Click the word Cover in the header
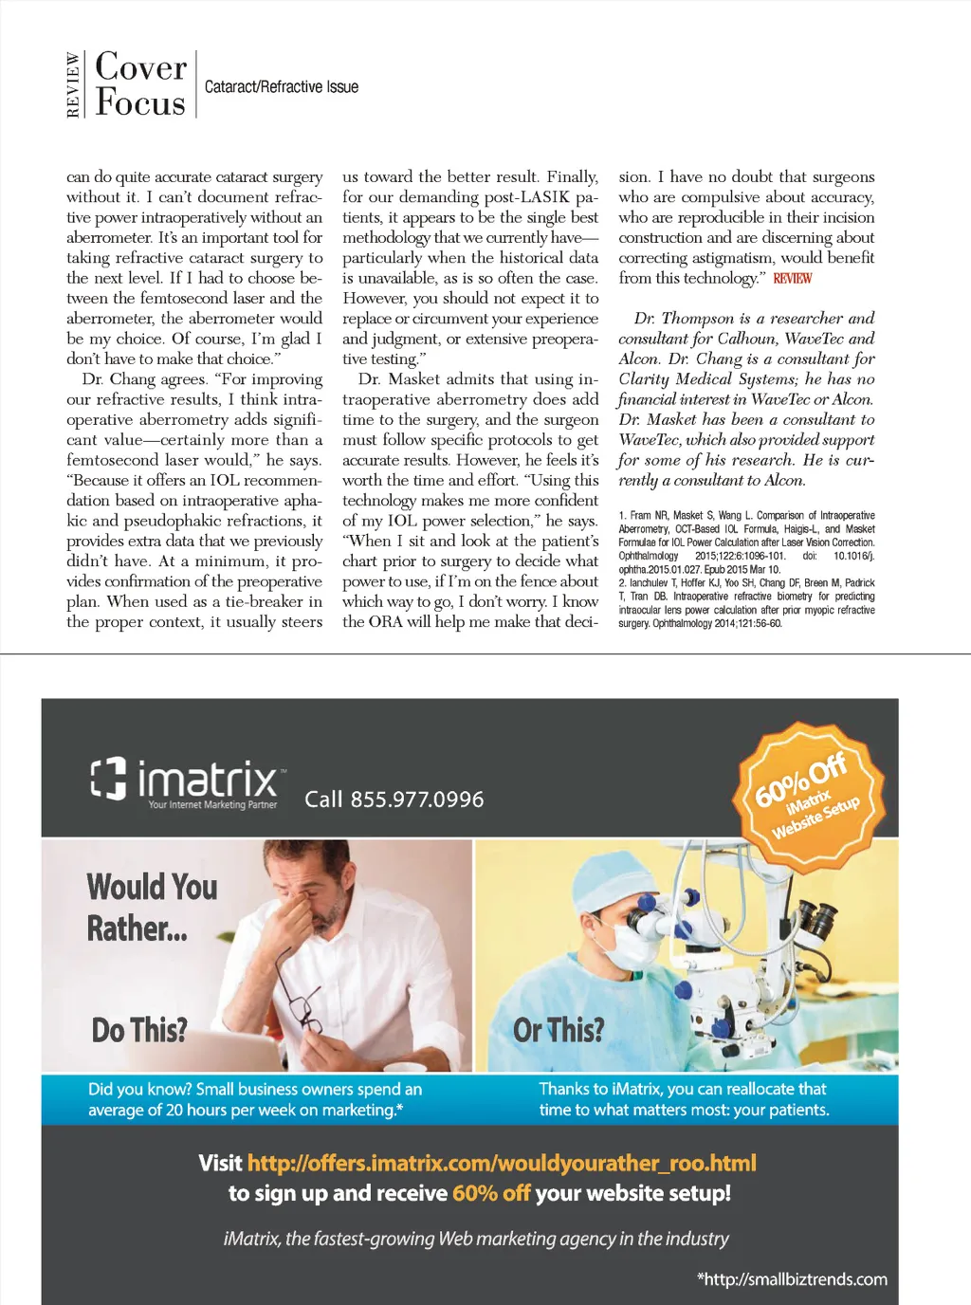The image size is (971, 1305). (x=141, y=67)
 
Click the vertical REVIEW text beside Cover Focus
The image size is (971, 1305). (x=74, y=85)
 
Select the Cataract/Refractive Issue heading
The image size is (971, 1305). (x=282, y=87)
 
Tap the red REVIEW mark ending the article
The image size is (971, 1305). (x=792, y=279)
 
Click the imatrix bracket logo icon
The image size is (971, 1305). (x=108, y=778)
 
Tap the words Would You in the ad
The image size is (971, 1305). (x=152, y=888)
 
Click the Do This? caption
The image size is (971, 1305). (x=139, y=1030)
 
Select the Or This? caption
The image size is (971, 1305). (x=559, y=1030)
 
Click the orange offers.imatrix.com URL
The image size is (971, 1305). (x=502, y=1164)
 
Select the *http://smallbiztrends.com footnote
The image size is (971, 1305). (x=792, y=1279)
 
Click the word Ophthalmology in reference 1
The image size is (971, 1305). (x=649, y=556)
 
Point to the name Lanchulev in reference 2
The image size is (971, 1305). (x=651, y=583)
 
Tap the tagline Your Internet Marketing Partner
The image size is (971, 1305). (x=212, y=805)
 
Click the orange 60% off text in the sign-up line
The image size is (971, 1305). (x=490, y=1193)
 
